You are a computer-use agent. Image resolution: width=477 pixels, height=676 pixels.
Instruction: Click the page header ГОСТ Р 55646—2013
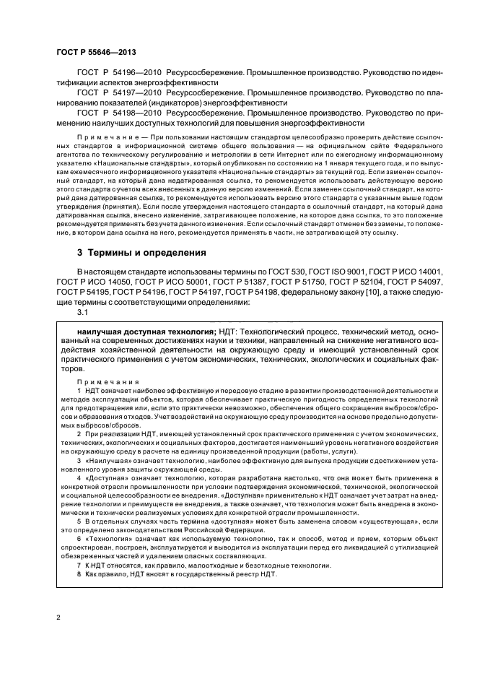pyautogui.click(x=95, y=53)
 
